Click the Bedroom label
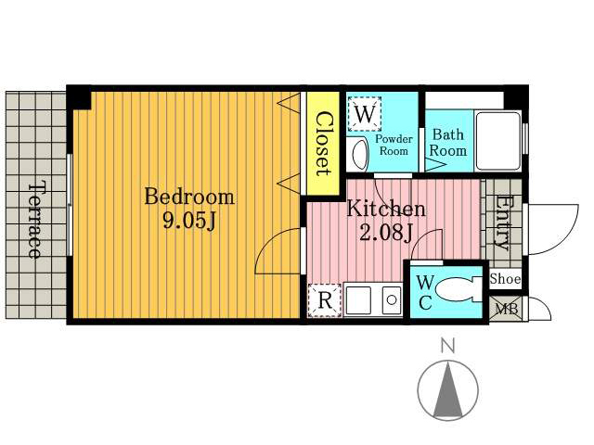[189, 197]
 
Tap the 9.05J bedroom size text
[189, 221]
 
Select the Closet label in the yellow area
[323, 144]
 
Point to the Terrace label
[35, 221]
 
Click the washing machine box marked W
[365, 114]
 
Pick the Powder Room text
[394, 145]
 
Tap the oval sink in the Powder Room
[360, 155]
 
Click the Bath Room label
[447, 143]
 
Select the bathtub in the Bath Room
[498, 140]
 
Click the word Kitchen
[386, 209]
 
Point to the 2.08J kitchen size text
[386, 233]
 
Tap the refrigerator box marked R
[324, 300]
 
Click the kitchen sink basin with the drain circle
[392, 300]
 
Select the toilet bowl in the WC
[453, 290]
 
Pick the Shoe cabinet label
[505, 279]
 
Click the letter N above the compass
[448, 346]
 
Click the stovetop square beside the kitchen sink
[358, 300]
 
